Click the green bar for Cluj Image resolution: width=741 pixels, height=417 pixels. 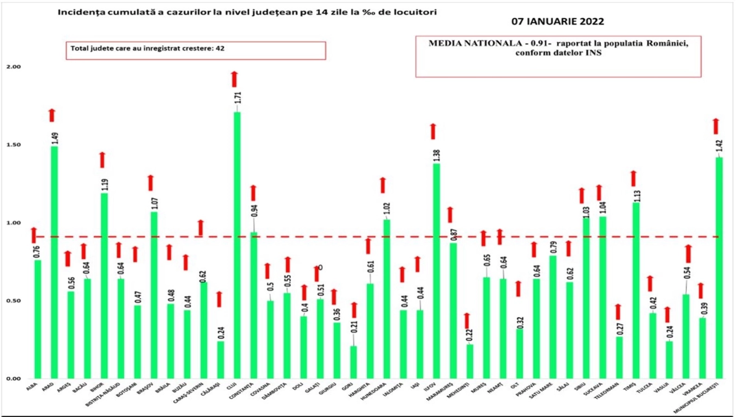(x=237, y=246)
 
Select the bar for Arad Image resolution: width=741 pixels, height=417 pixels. (x=54, y=262)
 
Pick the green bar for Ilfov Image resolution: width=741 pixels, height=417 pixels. (x=436, y=271)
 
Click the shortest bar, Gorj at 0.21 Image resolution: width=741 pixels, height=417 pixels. (x=353, y=362)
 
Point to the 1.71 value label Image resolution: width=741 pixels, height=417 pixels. (x=238, y=97)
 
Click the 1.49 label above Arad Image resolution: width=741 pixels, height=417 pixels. (x=55, y=138)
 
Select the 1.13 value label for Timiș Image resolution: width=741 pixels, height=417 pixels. (x=637, y=196)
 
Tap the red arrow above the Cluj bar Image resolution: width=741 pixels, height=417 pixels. (x=234, y=79)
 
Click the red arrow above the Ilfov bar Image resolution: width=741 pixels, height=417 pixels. (x=433, y=132)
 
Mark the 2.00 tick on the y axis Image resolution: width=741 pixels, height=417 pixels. (x=13, y=67)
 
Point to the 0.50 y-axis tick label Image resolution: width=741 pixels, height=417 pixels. (x=13, y=301)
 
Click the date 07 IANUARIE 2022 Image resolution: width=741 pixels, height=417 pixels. (x=558, y=21)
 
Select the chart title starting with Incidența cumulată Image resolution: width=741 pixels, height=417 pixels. (x=247, y=12)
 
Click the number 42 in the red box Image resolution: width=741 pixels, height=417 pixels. (x=220, y=48)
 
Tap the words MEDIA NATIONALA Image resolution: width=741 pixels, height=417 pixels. (x=475, y=44)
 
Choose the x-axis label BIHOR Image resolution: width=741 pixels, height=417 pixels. (x=98, y=387)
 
